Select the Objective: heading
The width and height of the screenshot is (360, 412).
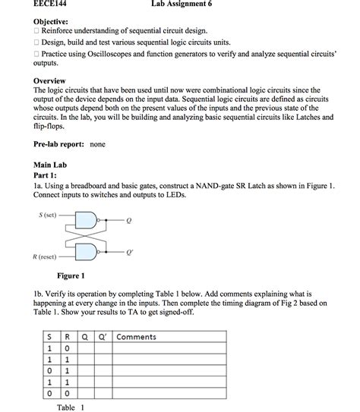[x=51, y=23]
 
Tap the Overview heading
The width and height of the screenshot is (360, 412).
[x=49, y=80]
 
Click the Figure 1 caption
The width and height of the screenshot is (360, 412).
[x=71, y=275]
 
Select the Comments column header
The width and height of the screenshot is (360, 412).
[x=136, y=337]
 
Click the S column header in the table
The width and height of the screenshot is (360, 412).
[x=49, y=337]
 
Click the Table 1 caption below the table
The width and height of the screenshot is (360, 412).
[x=71, y=407]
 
